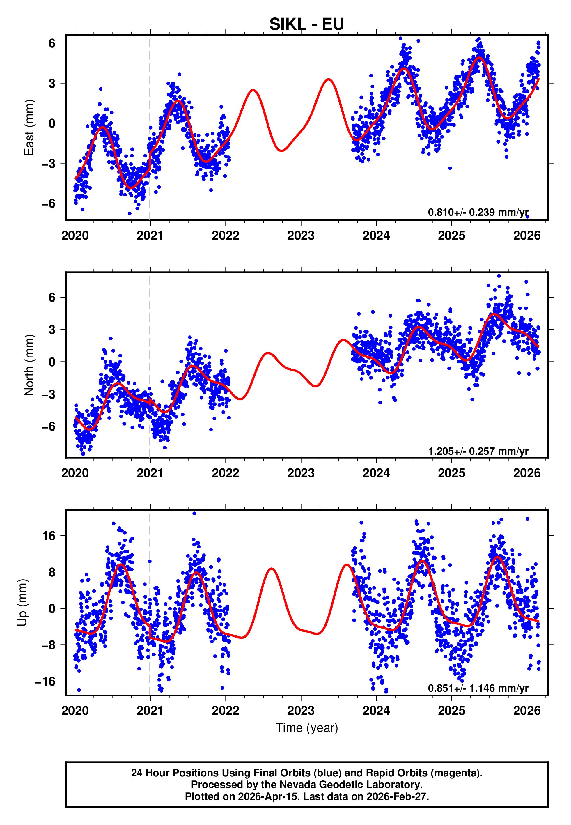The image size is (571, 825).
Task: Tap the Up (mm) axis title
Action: click(x=22, y=603)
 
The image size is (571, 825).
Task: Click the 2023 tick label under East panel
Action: click(x=301, y=236)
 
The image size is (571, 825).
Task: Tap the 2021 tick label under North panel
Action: click(x=150, y=473)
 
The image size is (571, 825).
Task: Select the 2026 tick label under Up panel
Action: click(x=527, y=710)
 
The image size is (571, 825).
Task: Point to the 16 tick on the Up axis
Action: click(x=49, y=536)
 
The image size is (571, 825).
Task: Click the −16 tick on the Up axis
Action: click(x=45, y=681)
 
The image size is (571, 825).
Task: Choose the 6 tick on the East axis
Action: click(x=52, y=43)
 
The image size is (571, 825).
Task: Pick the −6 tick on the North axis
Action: click(x=48, y=426)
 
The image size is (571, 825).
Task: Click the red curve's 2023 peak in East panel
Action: click(x=329, y=79)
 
